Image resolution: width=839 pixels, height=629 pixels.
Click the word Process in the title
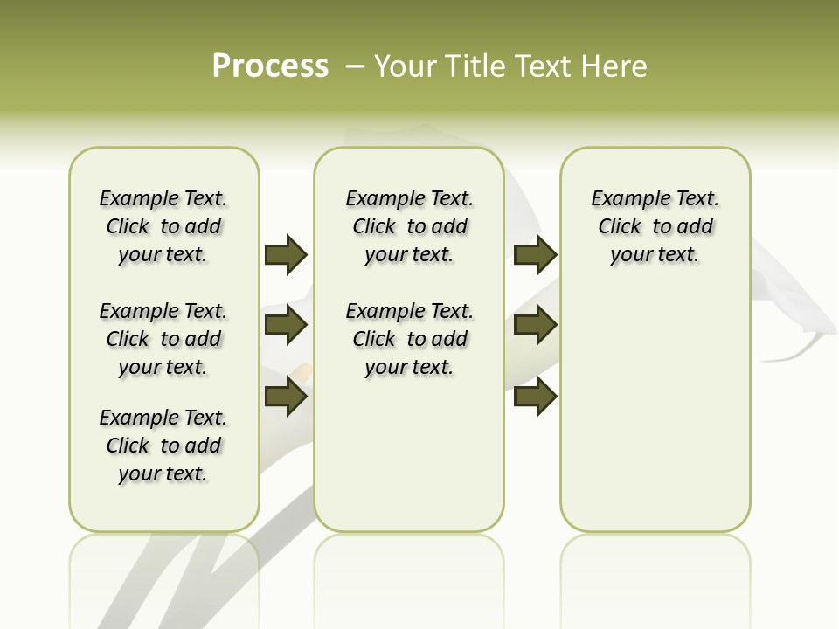point(270,66)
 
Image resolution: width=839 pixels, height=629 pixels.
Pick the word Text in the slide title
point(543,66)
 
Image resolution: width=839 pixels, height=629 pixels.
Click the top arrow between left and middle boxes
point(286,254)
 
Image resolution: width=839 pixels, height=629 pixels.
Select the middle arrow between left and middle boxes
point(286,325)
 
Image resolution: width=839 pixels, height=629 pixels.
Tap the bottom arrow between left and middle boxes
point(286,397)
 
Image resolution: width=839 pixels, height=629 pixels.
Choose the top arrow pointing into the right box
point(536,254)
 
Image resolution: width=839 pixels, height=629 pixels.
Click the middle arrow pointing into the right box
point(536,325)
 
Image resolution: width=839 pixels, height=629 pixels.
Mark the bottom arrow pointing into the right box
point(536,397)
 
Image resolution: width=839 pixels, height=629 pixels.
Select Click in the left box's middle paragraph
point(128,339)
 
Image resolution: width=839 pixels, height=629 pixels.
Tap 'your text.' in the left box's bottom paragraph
point(163,473)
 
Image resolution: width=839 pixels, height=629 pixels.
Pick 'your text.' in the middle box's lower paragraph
point(409,367)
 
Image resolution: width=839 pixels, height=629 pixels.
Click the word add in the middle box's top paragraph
point(450,227)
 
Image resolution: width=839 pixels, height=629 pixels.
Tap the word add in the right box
point(696,227)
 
